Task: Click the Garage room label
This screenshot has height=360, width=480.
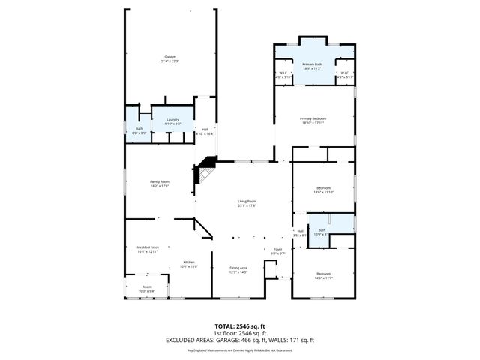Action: click(x=170, y=59)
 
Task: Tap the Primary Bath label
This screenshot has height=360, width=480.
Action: click(x=312, y=67)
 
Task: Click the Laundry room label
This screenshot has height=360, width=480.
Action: click(x=173, y=121)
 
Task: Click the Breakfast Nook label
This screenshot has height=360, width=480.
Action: click(x=146, y=249)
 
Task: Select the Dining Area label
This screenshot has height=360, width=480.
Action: click(x=238, y=269)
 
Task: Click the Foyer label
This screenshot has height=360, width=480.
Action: click(x=277, y=251)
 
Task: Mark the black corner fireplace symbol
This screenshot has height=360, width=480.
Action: click(x=205, y=172)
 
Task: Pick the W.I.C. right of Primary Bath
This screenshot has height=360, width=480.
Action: click(x=343, y=75)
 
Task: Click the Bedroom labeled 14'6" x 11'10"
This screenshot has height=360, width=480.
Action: click(x=323, y=190)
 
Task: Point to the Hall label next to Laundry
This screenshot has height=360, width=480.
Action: click(x=204, y=132)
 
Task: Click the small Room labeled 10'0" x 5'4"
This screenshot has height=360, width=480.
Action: click(x=147, y=289)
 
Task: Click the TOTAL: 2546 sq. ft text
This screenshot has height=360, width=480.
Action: click(x=239, y=326)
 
